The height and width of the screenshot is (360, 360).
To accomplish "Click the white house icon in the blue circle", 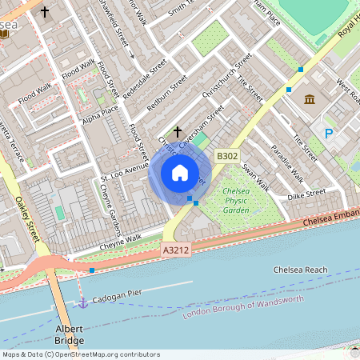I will pyautogui.click(x=180, y=172).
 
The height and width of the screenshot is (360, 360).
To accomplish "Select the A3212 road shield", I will pyautogui.click(x=178, y=250).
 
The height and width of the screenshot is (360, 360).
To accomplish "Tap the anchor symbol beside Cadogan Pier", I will pyautogui.click(x=82, y=302).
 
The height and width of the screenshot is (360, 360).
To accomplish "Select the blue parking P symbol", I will pyautogui.click(x=328, y=134).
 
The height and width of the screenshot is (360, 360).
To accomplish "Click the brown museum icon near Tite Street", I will pyautogui.click(x=310, y=99).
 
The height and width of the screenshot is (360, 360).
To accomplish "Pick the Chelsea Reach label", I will pyautogui.click(x=300, y=270).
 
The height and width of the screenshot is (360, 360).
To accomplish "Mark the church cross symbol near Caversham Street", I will pyautogui.click(x=177, y=130).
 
